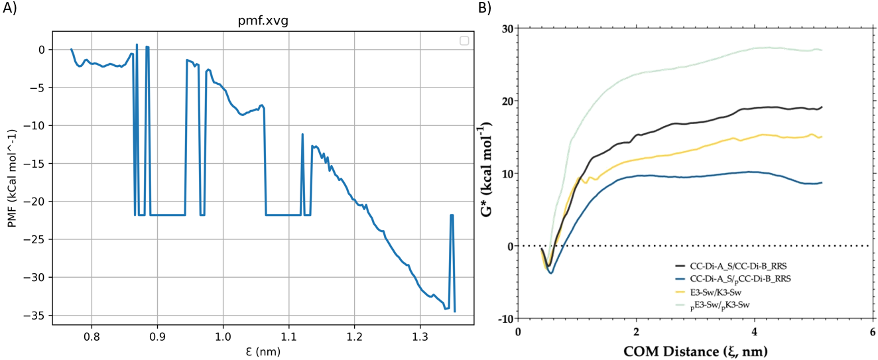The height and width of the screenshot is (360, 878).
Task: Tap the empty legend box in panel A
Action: coord(464,40)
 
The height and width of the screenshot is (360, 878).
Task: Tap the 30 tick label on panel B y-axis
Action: coord(509,29)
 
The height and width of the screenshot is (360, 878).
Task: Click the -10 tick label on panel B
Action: coord(505,318)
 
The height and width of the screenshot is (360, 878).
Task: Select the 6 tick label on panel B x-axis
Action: coord(872,331)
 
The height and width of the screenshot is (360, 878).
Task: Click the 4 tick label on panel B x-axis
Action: coord(754,331)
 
